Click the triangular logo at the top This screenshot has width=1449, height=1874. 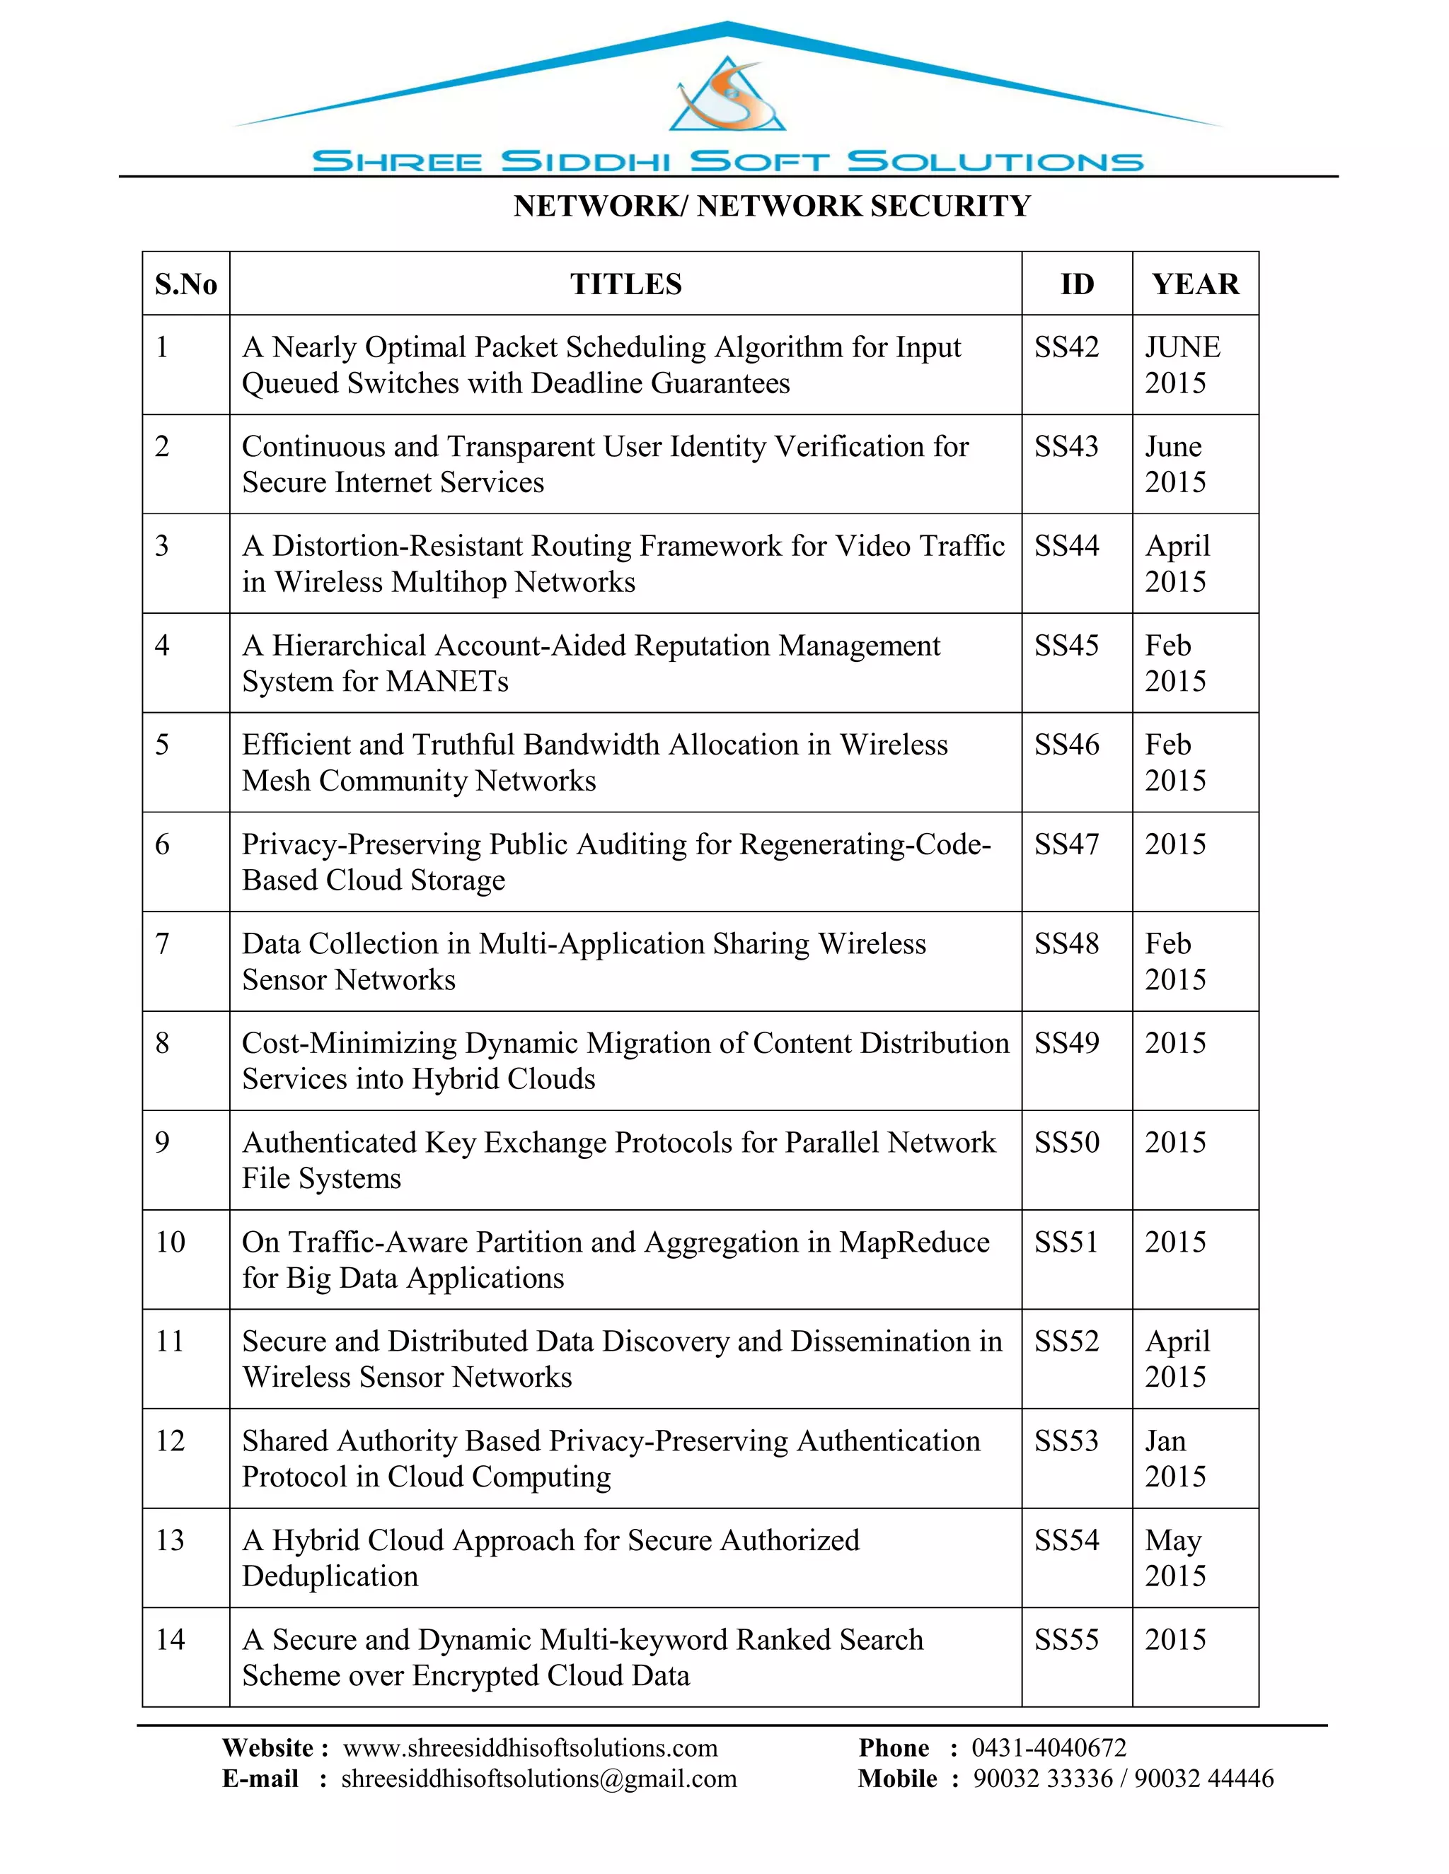click(727, 96)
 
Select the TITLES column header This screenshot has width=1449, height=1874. click(625, 284)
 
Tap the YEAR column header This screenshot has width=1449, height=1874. click(1195, 284)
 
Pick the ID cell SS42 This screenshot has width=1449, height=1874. click(1066, 347)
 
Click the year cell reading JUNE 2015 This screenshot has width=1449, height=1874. click(1182, 365)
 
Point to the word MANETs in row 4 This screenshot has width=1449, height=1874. click(447, 681)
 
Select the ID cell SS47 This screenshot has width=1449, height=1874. click(1066, 844)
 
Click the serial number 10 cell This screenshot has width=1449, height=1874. click(170, 1242)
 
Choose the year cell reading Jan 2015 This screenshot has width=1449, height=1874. click(1175, 1459)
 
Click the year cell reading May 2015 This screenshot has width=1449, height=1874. click(1175, 1558)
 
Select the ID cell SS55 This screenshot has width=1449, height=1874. click(1066, 1640)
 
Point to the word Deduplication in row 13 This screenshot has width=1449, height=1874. click(330, 1576)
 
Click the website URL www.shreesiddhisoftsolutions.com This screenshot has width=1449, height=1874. click(530, 1748)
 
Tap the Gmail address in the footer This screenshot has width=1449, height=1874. click(539, 1779)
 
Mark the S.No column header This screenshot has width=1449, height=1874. click(185, 284)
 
